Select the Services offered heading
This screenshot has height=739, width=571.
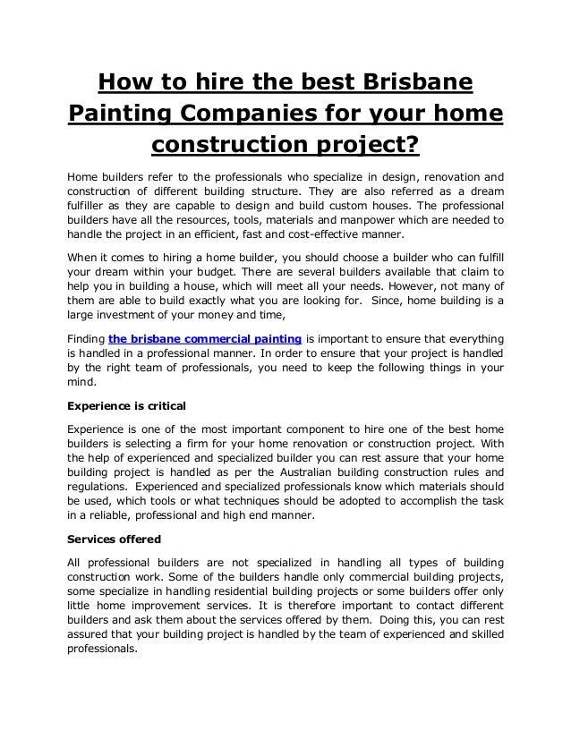[115, 539]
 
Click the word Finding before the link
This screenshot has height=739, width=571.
[86, 339]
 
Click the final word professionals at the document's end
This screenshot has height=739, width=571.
[102, 653]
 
